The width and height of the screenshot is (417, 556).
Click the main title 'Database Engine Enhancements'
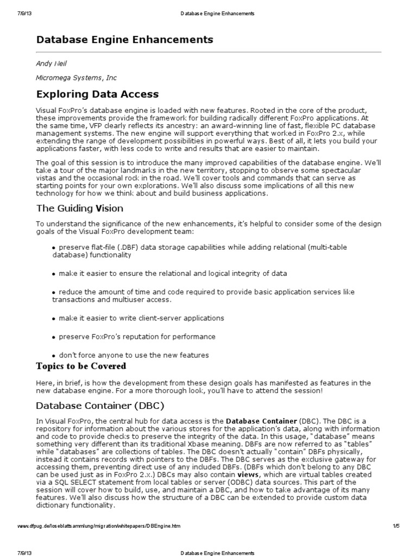124,40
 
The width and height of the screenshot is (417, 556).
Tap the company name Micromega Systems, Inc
76,78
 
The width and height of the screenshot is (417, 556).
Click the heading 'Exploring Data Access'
97,94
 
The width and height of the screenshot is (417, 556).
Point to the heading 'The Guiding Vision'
79,208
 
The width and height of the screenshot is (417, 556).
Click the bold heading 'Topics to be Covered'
81,366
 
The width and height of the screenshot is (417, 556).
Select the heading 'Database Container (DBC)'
100,406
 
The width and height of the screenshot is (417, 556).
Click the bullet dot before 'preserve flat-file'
54,248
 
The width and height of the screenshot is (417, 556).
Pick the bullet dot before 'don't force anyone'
54,356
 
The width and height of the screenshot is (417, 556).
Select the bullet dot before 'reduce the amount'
54,293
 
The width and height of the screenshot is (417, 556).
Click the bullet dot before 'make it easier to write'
54,319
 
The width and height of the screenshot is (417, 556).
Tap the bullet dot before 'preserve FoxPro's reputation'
54,337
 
